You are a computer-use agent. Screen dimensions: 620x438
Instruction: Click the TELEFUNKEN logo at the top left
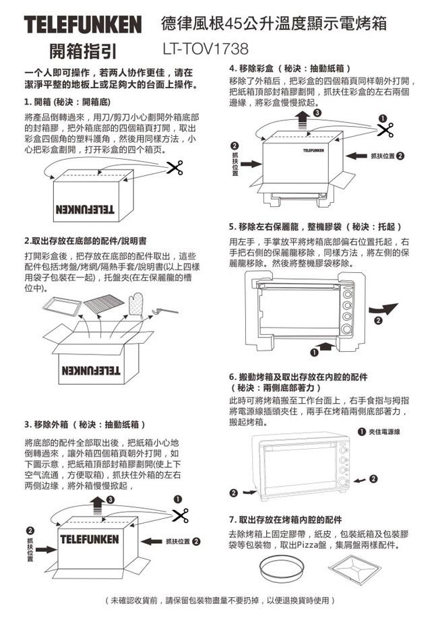pyautogui.click(x=82, y=25)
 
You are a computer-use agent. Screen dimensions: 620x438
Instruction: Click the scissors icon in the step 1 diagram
pyautogui.click(x=175, y=167)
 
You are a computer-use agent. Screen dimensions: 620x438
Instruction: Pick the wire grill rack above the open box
pyautogui.click(x=104, y=304)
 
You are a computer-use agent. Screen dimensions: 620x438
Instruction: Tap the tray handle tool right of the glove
pyautogui.click(x=164, y=311)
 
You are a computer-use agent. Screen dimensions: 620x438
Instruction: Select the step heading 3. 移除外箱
pyautogui.click(x=84, y=425)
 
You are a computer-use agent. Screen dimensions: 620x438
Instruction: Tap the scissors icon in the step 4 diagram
pyautogui.click(x=385, y=129)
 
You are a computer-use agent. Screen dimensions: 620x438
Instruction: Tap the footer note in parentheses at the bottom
pyautogui.click(x=220, y=599)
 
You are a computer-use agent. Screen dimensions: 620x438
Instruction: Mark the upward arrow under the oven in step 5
pyautogui.click(x=325, y=346)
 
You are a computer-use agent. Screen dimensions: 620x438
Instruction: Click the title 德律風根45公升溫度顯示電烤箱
pyautogui.click(x=274, y=24)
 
